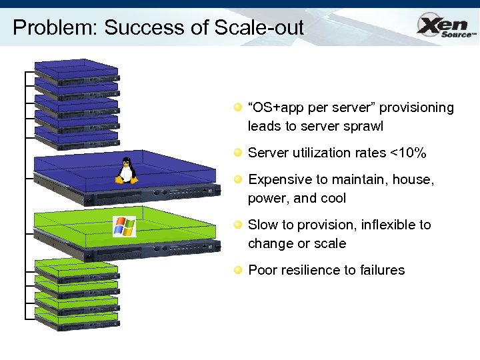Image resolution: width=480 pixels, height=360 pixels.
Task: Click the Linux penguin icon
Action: pyautogui.click(x=126, y=171)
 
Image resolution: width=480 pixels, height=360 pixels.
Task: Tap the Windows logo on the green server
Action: pyautogui.click(x=124, y=227)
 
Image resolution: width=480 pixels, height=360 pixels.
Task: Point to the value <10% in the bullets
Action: pyautogui.click(x=408, y=153)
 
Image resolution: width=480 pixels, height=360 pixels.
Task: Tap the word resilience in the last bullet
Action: pyautogui.click(x=309, y=270)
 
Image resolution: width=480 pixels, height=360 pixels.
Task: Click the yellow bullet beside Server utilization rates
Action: pyautogui.click(x=237, y=153)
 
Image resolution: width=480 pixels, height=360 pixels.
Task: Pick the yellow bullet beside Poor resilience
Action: pyautogui.click(x=237, y=270)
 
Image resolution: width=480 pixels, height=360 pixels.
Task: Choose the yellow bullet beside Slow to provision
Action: pyautogui.click(x=237, y=225)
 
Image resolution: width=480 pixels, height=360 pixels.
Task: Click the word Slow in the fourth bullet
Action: pyautogui.click(x=263, y=225)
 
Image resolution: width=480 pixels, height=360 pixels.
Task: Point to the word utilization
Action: pyautogui.click(x=317, y=153)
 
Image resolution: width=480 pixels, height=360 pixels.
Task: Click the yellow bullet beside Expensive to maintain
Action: pyautogui.click(x=237, y=179)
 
